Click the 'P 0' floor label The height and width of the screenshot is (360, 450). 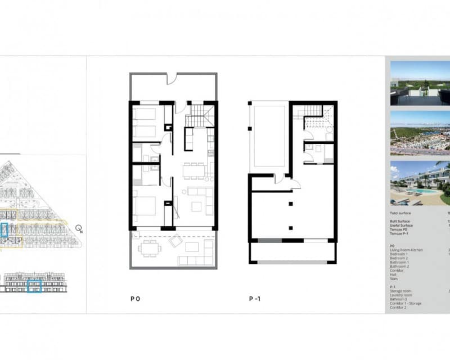(134, 299)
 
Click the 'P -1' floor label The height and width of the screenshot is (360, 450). (254, 299)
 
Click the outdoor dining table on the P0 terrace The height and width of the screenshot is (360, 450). (149, 247)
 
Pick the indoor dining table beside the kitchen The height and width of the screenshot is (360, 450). (194, 169)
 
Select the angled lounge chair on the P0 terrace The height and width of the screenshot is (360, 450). (176, 242)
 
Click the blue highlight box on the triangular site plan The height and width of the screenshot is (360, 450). (5, 230)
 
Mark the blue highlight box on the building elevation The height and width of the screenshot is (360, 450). (35, 286)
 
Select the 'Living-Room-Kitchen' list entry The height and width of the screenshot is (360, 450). (406, 250)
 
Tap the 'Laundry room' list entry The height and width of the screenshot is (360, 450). (402, 295)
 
